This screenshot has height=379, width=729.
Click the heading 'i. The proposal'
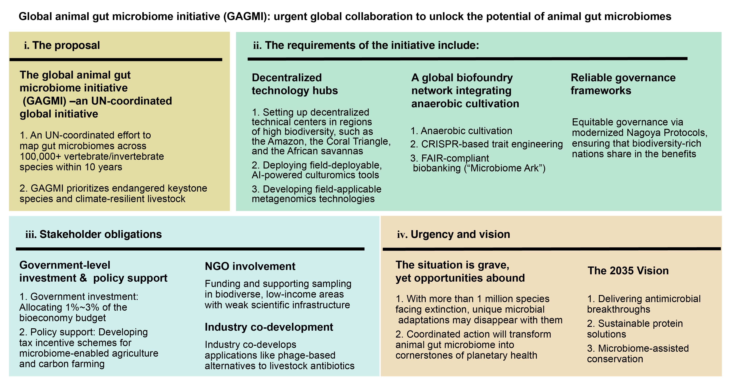click(62, 45)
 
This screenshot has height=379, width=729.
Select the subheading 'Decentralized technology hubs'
click(295, 84)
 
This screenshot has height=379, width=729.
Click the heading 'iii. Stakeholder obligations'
click(94, 234)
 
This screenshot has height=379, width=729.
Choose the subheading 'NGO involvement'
click(250, 266)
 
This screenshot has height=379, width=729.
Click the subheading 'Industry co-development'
click(269, 327)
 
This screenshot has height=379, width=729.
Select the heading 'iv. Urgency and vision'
click(453, 234)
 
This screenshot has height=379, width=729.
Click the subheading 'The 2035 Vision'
click(628, 271)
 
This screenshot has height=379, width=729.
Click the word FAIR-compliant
click(455, 158)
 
